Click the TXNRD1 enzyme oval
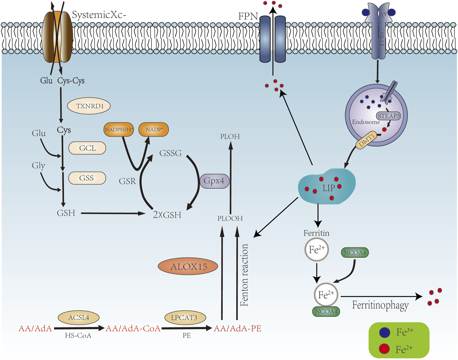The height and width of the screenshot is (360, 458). [89, 106]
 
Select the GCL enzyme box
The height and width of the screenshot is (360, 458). [87, 148]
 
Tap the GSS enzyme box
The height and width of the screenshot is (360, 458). [87, 178]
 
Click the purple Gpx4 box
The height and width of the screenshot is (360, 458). [214, 181]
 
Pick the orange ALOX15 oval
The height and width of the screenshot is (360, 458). [188, 267]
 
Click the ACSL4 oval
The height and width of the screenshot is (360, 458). [78, 318]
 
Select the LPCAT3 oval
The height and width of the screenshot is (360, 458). [185, 318]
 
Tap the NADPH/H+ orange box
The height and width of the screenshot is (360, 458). [119, 129]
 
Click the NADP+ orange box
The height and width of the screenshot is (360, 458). [154, 129]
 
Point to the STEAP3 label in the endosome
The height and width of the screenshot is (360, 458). [389, 116]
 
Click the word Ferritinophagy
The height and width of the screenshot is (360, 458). [380, 305]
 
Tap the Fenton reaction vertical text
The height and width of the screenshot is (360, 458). [244, 275]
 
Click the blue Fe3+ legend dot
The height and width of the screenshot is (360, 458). [384, 332]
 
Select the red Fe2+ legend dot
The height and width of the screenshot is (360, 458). [384, 349]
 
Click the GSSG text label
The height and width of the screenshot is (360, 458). [170, 153]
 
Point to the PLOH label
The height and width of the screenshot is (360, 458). [230, 136]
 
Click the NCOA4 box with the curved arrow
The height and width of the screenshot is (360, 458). [355, 253]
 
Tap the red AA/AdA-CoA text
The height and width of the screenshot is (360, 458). [133, 329]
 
